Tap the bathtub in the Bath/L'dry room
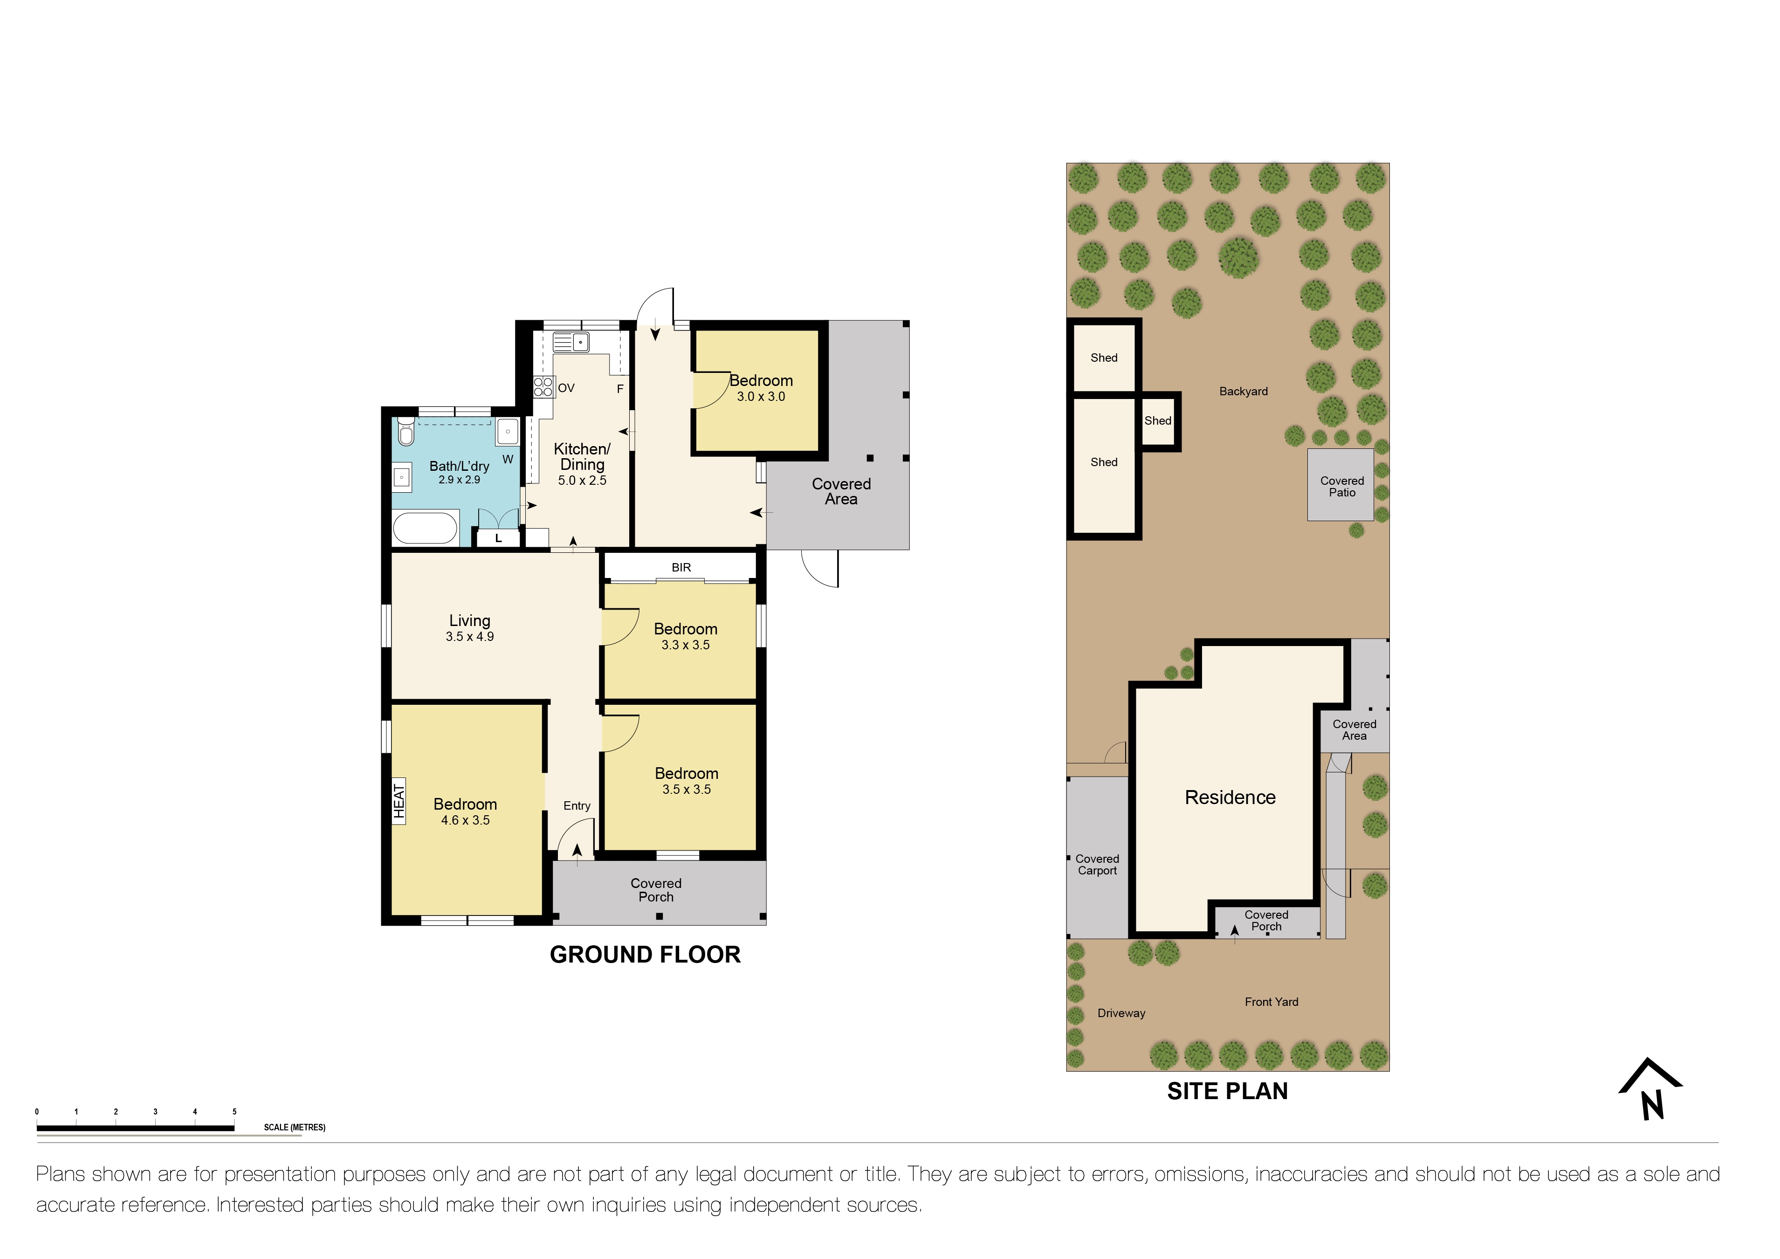click(425, 528)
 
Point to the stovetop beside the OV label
click(543, 387)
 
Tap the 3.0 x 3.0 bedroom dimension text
click(761, 397)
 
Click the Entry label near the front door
click(577, 805)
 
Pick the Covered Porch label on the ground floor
click(656, 890)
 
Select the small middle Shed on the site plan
click(1158, 421)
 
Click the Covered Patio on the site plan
click(1341, 486)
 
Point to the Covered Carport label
click(1097, 864)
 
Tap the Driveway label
click(1121, 1013)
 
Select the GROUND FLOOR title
click(645, 954)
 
